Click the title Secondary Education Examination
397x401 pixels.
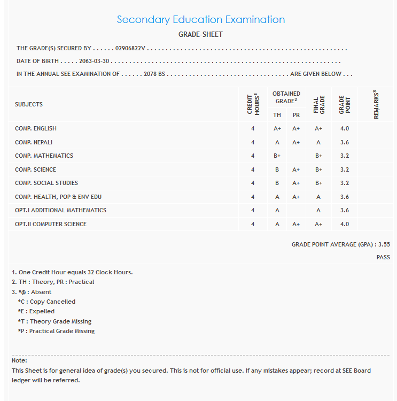coord(200,20)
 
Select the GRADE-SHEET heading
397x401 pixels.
coord(200,35)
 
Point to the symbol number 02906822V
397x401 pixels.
coord(130,49)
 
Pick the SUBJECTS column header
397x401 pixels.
coord(29,104)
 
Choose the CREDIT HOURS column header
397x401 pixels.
coord(253,105)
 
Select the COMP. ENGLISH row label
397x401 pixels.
coord(36,128)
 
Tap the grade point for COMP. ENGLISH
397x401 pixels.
coord(344,128)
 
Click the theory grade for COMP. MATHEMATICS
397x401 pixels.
coord(277,156)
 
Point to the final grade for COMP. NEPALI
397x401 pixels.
coord(318,142)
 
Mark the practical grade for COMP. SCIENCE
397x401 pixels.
coord(296,169)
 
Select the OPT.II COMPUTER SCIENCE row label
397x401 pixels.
coord(51,224)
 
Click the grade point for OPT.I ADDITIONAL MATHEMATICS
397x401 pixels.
coord(344,210)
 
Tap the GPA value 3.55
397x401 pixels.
coord(384,244)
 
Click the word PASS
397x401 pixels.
coord(383,257)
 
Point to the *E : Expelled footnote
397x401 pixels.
coord(36,311)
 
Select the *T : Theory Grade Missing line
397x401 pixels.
coord(55,321)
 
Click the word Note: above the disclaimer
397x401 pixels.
coord(19,360)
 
